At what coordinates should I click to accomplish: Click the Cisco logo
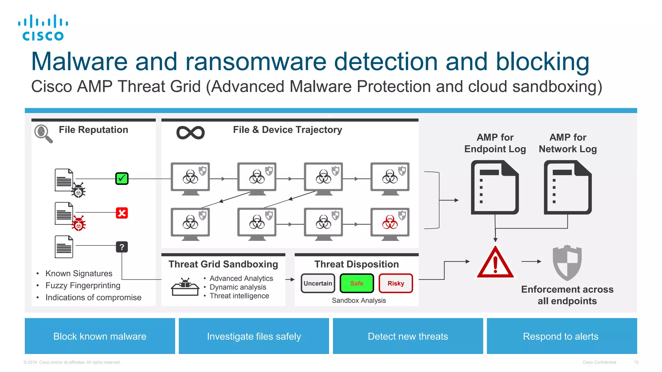(x=43, y=28)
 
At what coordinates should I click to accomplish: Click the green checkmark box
(x=122, y=179)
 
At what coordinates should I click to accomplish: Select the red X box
(x=122, y=213)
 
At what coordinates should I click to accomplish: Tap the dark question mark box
(x=122, y=247)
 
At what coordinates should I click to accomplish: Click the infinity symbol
(x=190, y=133)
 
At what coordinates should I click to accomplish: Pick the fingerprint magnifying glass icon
(x=43, y=133)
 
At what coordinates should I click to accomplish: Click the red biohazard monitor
(x=390, y=223)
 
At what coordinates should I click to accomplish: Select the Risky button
(x=396, y=283)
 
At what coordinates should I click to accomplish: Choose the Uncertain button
(x=318, y=283)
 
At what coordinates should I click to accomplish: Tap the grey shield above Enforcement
(x=567, y=263)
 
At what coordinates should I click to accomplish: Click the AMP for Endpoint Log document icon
(x=495, y=188)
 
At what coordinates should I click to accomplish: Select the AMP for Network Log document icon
(x=568, y=188)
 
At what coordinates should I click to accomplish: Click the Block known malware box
(x=100, y=336)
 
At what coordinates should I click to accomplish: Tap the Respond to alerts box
(x=561, y=336)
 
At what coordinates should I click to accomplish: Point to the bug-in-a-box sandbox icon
(x=185, y=287)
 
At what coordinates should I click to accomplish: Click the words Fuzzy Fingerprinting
(x=83, y=285)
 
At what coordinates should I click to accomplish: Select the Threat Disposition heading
(x=357, y=264)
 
